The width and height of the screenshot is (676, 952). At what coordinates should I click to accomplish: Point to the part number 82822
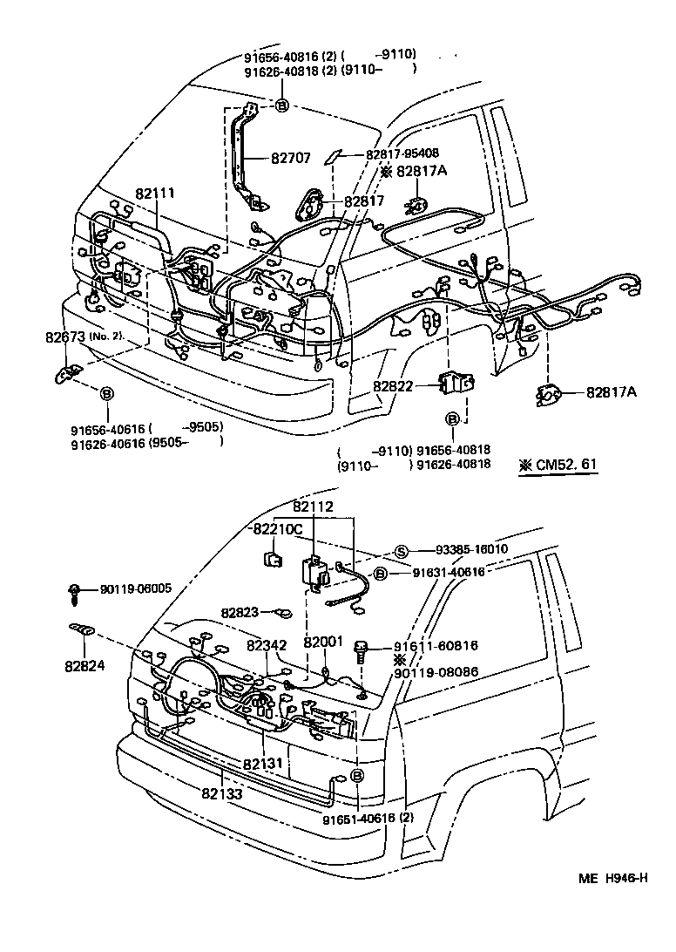coord(393,384)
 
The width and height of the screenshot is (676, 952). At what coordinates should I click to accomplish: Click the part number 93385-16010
coord(471,550)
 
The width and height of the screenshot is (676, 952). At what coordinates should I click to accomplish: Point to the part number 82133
coord(222,793)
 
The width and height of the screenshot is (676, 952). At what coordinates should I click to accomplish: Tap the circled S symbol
coord(402,550)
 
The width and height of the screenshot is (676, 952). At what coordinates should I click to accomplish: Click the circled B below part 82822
coord(452,419)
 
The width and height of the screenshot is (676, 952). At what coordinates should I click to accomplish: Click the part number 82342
coord(266,646)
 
